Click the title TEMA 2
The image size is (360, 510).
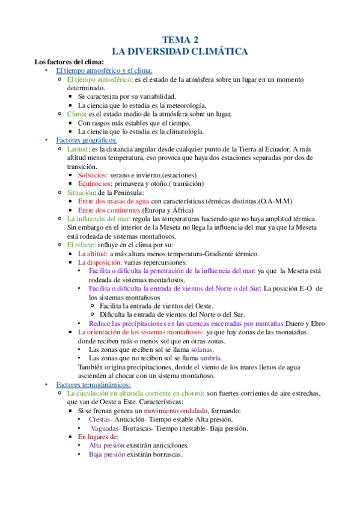180,40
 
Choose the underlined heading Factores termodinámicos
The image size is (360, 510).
93,384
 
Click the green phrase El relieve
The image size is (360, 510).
81,245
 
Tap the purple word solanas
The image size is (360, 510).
203,349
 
